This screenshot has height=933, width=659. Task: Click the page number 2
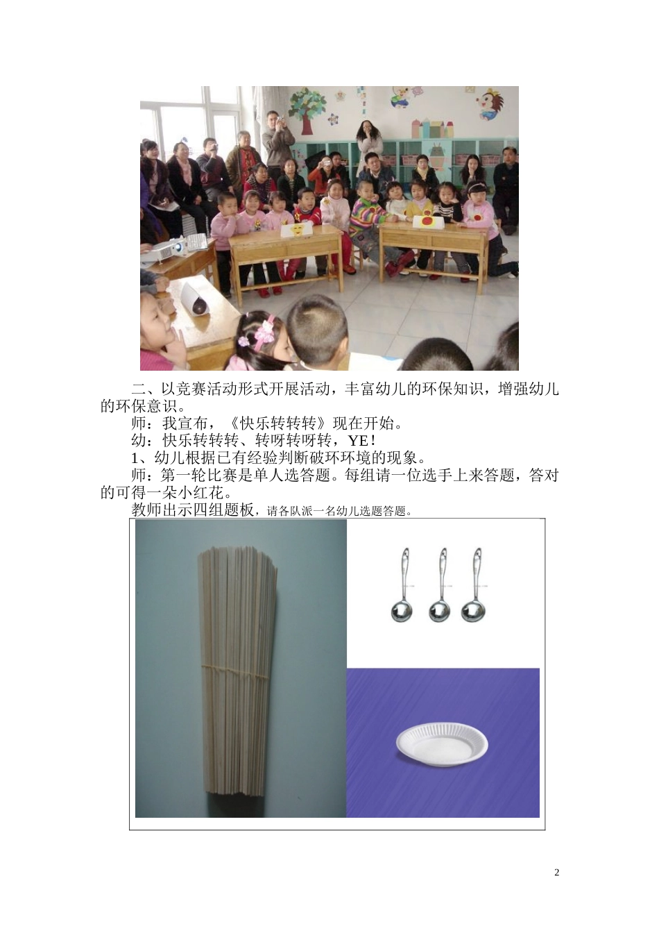click(x=556, y=873)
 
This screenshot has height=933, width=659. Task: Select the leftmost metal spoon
click(x=402, y=587)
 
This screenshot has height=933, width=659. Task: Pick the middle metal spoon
click(x=438, y=587)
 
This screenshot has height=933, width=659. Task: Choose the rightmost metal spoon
click(x=475, y=587)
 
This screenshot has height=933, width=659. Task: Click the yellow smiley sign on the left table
click(x=296, y=229)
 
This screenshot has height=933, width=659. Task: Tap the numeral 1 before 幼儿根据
click(x=135, y=458)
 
